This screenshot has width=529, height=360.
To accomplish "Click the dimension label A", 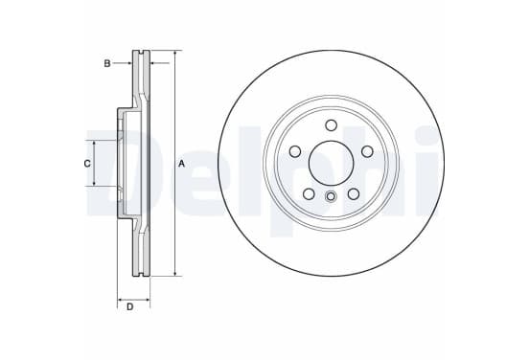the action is tap(181, 164).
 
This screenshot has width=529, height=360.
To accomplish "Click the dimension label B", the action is tap(107, 63).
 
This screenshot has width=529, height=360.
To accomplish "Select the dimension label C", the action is tap(87, 164).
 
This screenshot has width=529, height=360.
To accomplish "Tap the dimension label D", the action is tap(130, 307).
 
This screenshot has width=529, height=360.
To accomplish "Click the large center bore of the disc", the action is tap(331, 163).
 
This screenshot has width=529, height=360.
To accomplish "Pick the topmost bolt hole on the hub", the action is tap(331, 125).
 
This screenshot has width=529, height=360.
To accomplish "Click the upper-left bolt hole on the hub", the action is tap(295, 151).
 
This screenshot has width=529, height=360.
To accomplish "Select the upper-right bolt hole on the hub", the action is tap(367, 151).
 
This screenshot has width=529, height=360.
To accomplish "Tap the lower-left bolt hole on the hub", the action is tap(309, 193).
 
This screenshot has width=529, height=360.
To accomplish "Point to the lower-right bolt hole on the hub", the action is tap(354, 193).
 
